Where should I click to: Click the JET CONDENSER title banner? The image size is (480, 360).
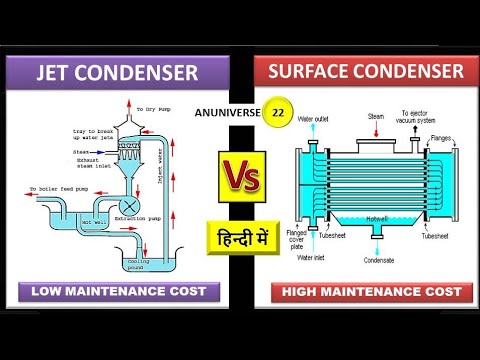118,73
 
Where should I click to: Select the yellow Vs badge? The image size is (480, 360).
241,181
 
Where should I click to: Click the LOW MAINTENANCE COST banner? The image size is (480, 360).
118,292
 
